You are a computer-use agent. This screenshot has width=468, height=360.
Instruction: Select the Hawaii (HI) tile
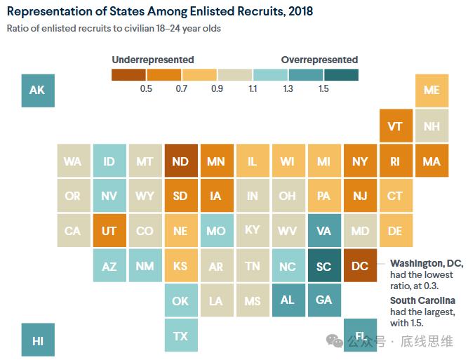[38, 340]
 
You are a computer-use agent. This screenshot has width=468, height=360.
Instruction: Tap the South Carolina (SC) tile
[324, 267]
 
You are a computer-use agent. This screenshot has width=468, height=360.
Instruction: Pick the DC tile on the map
[360, 267]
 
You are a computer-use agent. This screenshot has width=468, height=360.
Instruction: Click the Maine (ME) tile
[432, 90]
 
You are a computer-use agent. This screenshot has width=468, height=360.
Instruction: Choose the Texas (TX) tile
[180, 335]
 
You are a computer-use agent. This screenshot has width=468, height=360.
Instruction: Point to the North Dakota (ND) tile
[180, 161]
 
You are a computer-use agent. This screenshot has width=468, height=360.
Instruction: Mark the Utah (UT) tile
[109, 231]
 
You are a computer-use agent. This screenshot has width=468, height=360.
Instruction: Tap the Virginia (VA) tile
[324, 231]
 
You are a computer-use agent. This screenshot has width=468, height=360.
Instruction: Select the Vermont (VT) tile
[395, 126]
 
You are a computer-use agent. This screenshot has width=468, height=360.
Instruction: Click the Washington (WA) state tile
[73, 161]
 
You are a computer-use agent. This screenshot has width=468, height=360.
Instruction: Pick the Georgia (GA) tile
[324, 300]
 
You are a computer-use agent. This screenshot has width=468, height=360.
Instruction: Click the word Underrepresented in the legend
[153, 60]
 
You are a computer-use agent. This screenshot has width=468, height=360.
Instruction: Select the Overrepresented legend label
[319, 60]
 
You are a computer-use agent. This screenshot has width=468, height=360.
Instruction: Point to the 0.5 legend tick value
[146, 88]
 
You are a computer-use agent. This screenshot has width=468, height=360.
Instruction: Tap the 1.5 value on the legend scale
[323, 88]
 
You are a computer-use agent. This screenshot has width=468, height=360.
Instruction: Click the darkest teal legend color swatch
[341, 74]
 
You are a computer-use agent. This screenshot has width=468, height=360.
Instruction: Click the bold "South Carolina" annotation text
[422, 300]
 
